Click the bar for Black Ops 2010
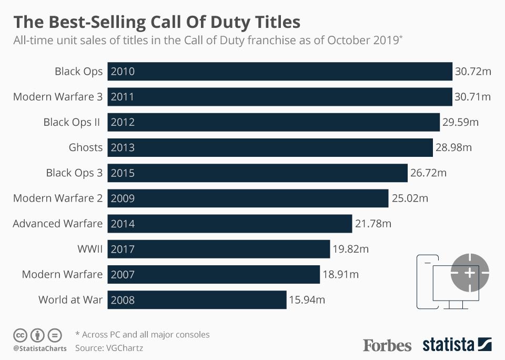[280, 72]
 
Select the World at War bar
[197, 300]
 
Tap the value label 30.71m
[472, 97]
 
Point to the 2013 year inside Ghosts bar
[123, 148]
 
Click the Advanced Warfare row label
[58, 224]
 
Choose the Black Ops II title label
[72, 122]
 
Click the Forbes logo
[387, 345]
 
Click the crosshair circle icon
[470, 273]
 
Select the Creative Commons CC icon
[20, 335]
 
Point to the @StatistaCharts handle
[39, 348]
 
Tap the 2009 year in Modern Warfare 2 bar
[123, 198]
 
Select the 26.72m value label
[428, 173]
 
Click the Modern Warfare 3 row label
[58, 97]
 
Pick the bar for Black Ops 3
[258, 173]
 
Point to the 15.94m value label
[307, 300]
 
